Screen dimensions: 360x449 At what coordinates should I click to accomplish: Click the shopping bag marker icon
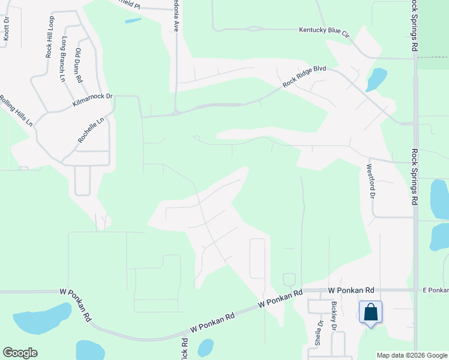pyautogui.click(x=370, y=313)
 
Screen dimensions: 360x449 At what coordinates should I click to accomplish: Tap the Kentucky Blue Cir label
pyautogui.click(x=324, y=30)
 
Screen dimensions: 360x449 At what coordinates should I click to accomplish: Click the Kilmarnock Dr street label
pyautogui.click(x=92, y=100)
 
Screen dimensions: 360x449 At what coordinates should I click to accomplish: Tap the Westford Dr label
pyautogui.click(x=370, y=182)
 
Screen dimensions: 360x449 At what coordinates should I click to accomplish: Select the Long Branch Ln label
pyautogui.click(x=63, y=59)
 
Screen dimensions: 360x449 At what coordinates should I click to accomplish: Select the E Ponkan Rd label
pyautogui.click(x=435, y=290)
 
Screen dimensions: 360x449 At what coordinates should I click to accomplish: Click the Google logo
pyautogui.click(x=20, y=353)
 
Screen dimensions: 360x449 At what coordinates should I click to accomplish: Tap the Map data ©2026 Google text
pyautogui.click(x=412, y=355)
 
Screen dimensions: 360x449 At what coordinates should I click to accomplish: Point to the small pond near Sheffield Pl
pyautogui.click(x=133, y=20)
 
